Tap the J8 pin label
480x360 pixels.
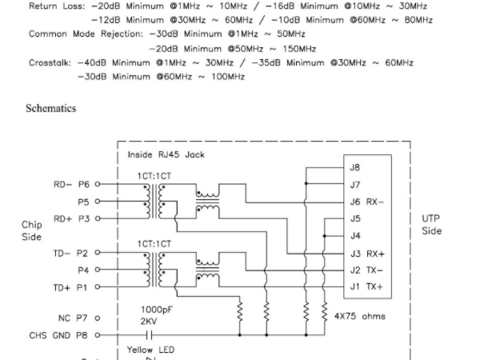[x=355, y=167]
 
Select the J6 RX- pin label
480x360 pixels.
[x=366, y=202]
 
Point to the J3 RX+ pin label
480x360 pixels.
[x=366, y=253]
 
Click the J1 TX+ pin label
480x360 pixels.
[x=366, y=286]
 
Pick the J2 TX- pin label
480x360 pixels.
[x=366, y=270]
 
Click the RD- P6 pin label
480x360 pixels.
[x=72, y=184]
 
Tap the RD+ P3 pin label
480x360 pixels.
[x=72, y=218]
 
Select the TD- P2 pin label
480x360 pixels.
[x=72, y=253]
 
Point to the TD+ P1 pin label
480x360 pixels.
[x=72, y=286]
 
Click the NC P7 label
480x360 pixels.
[x=74, y=317]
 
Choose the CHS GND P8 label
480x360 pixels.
[x=60, y=335]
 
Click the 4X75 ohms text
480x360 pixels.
[x=360, y=316]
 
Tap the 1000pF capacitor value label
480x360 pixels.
[x=157, y=308]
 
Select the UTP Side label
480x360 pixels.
[x=430, y=224]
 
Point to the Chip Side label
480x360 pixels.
[x=31, y=230]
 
